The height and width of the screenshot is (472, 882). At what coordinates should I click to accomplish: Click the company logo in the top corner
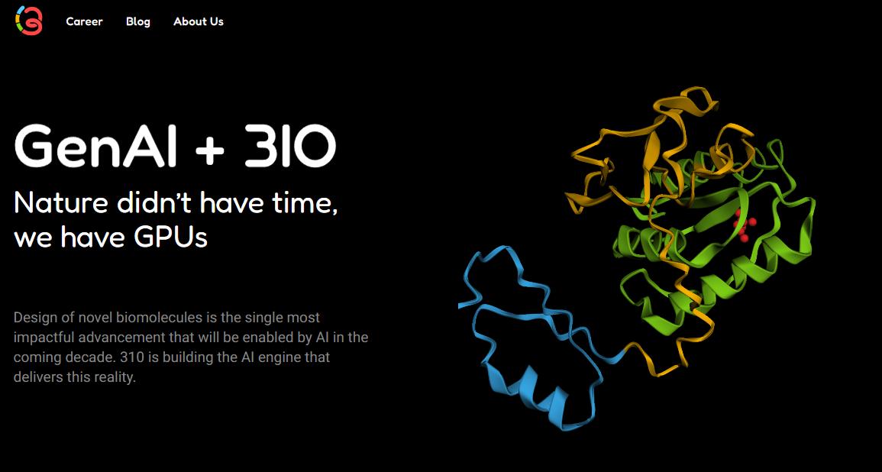[29, 21]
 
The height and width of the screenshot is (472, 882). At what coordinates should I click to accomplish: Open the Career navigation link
[84, 21]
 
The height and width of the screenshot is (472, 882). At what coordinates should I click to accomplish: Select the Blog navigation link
[138, 21]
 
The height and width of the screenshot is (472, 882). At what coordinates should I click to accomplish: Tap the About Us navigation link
[199, 21]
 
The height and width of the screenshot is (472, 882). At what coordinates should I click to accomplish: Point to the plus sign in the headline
[209, 147]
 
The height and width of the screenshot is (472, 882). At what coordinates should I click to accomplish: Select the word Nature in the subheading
[62, 203]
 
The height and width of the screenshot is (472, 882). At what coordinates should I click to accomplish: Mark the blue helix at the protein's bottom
[535, 390]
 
